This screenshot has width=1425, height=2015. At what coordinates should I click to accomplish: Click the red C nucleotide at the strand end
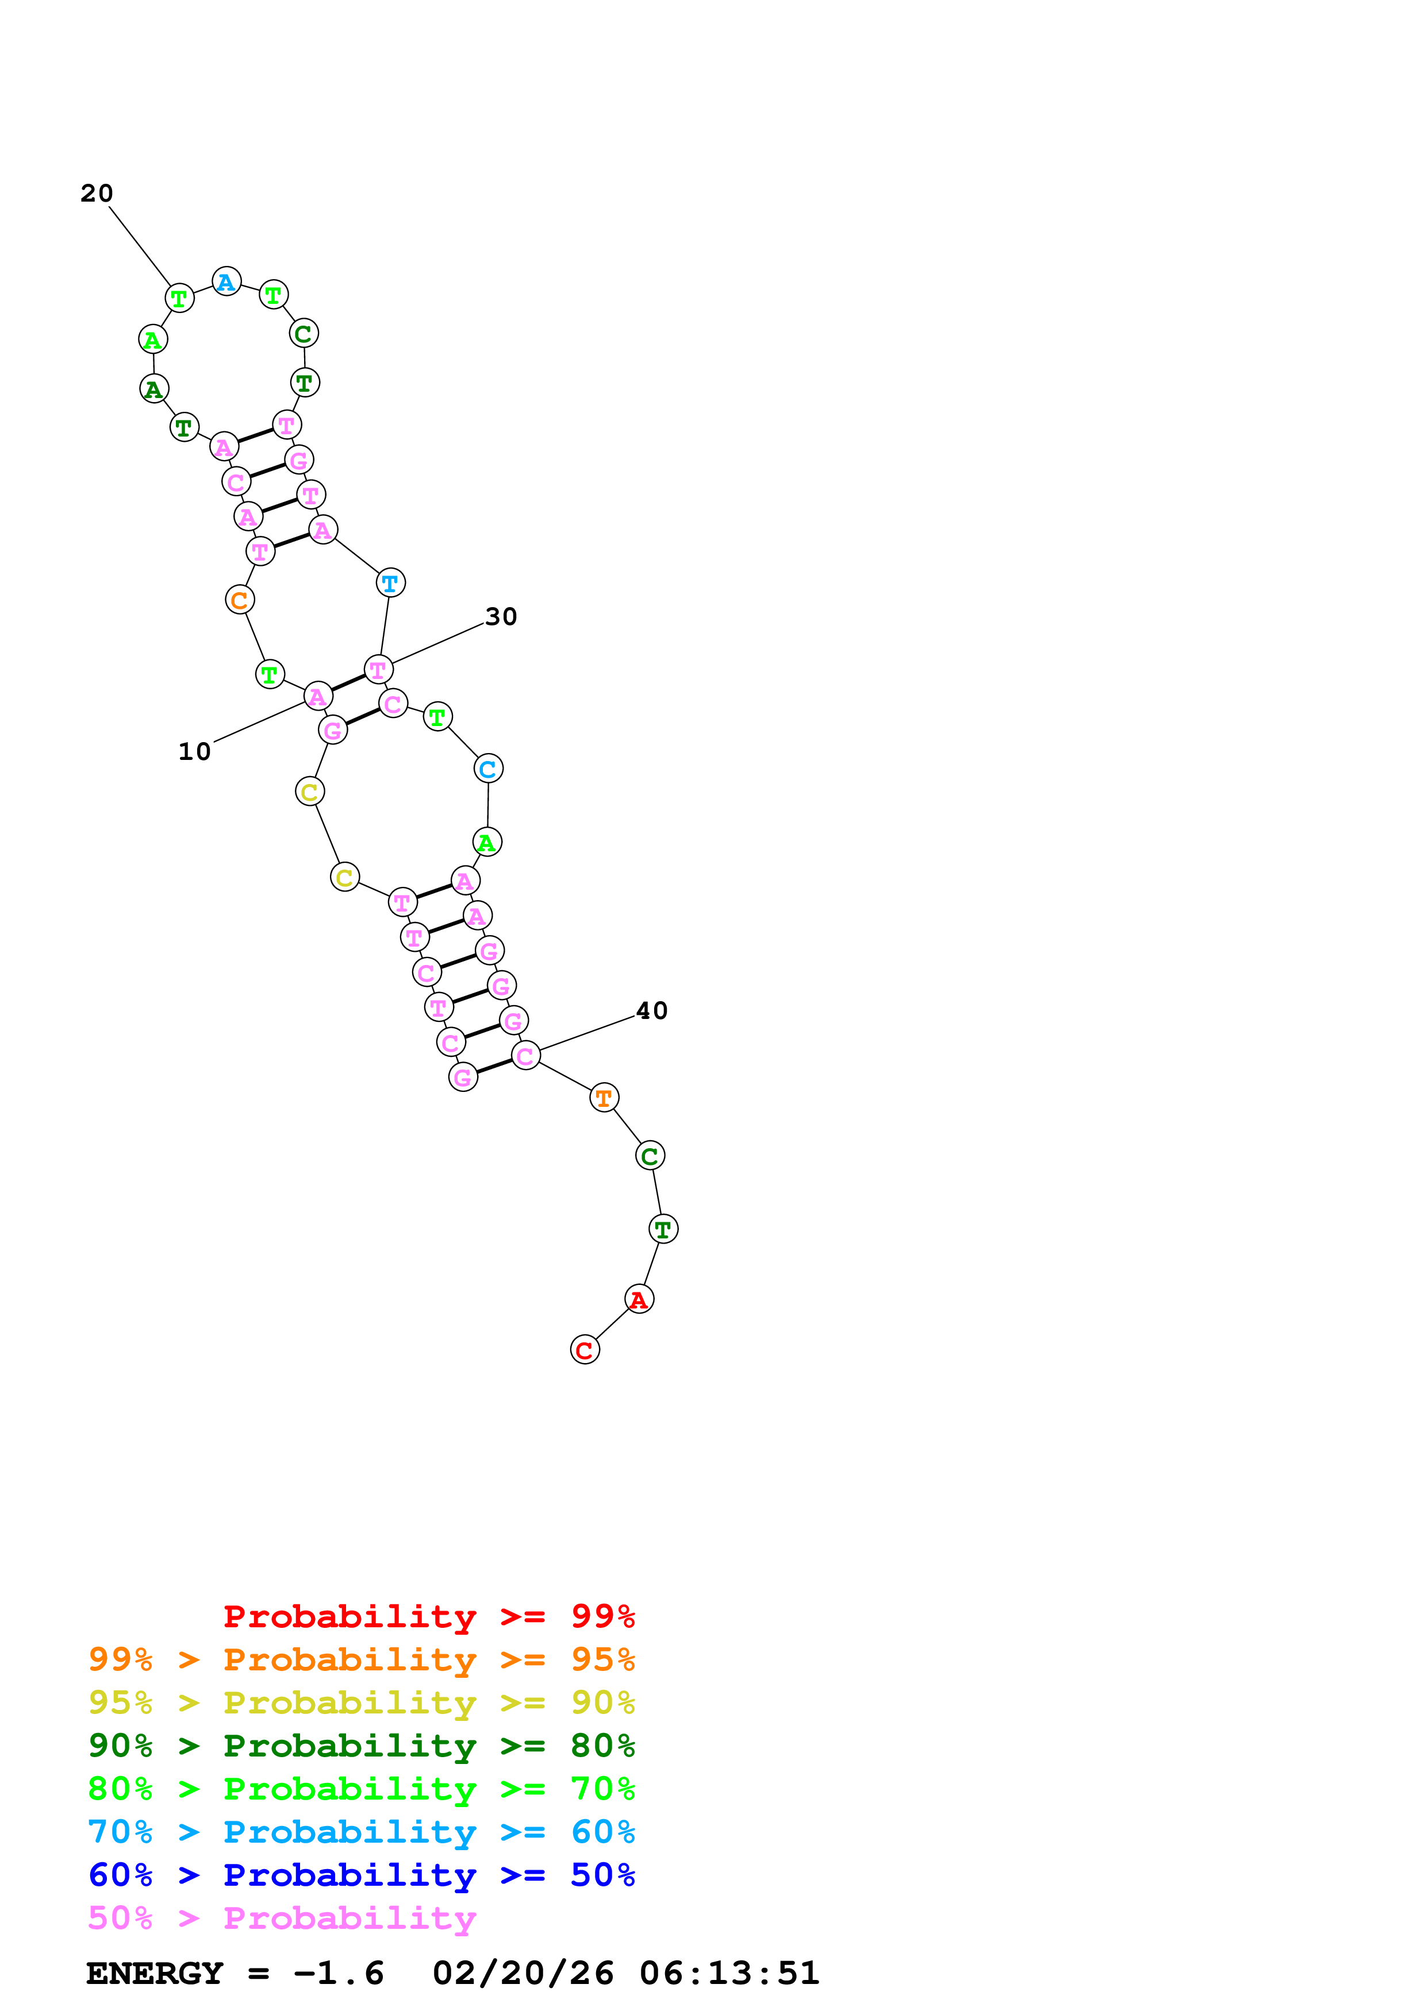[585, 1350]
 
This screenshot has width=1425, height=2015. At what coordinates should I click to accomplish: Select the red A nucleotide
[639, 1299]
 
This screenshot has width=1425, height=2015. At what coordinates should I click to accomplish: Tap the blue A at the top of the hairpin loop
[226, 281]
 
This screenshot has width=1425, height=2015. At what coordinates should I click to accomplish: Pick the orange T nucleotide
[604, 1097]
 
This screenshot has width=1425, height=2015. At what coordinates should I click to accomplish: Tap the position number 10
[195, 751]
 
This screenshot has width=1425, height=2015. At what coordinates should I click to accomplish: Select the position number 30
[501, 616]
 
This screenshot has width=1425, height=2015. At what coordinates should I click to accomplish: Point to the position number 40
[652, 1010]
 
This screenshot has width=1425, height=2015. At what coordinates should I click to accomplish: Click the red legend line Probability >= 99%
[429, 1616]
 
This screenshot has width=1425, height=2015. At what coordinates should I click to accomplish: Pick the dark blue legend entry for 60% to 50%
[362, 1875]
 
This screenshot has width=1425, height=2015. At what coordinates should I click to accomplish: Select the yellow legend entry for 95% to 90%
[362, 1703]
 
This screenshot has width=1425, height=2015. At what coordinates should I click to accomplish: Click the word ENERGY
[155, 1973]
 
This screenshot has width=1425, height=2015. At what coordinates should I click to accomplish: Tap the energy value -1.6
[339, 1973]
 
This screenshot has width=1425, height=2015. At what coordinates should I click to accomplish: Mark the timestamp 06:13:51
[729, 1973]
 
